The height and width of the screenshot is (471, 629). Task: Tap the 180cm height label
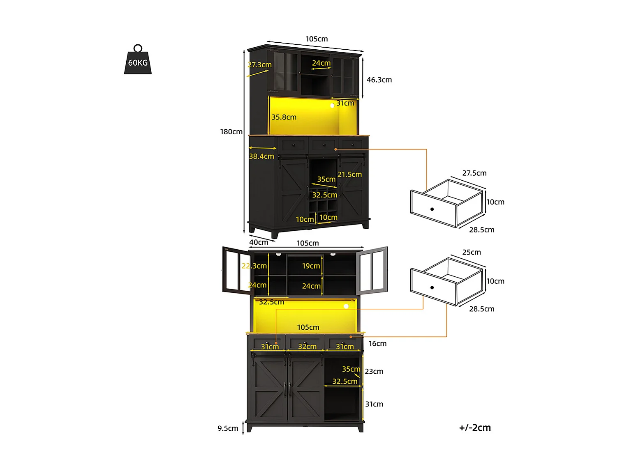click(x=231, y=132)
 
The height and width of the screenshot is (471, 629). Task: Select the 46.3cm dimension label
click(x=379, y=80)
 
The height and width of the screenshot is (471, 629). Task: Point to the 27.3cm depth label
click(x=259, y=65)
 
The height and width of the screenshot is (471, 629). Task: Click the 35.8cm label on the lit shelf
click(x=284, y=117)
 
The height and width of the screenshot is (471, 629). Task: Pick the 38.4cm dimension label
click(x=261, y=156)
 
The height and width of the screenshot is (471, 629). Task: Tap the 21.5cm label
click(x=349, y=175)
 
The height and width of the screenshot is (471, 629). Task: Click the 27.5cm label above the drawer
click(x=474, y=173)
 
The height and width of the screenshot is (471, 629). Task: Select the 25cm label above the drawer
click(x=471, y=252)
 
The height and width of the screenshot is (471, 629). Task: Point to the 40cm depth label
click(x=259, y=242)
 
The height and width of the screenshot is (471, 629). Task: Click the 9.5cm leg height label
click(x=228, y=428)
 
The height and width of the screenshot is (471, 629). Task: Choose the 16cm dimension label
click(x=377, y=344)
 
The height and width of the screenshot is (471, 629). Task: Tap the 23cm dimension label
click(x=374, y=371)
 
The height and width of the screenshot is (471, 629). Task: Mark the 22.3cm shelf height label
click(x=254, y=266)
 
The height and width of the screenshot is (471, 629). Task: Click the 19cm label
click(x=311, y=266)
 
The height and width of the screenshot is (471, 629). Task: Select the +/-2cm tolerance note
click(x=475, y=427)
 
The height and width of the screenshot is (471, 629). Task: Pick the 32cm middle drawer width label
click(x=307, y=347)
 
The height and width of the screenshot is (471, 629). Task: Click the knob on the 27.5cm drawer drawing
click(x=432, y=209)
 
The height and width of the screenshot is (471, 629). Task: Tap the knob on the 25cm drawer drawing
click(x=432, y=287)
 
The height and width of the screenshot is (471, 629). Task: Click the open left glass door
click(x=236, y=271)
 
